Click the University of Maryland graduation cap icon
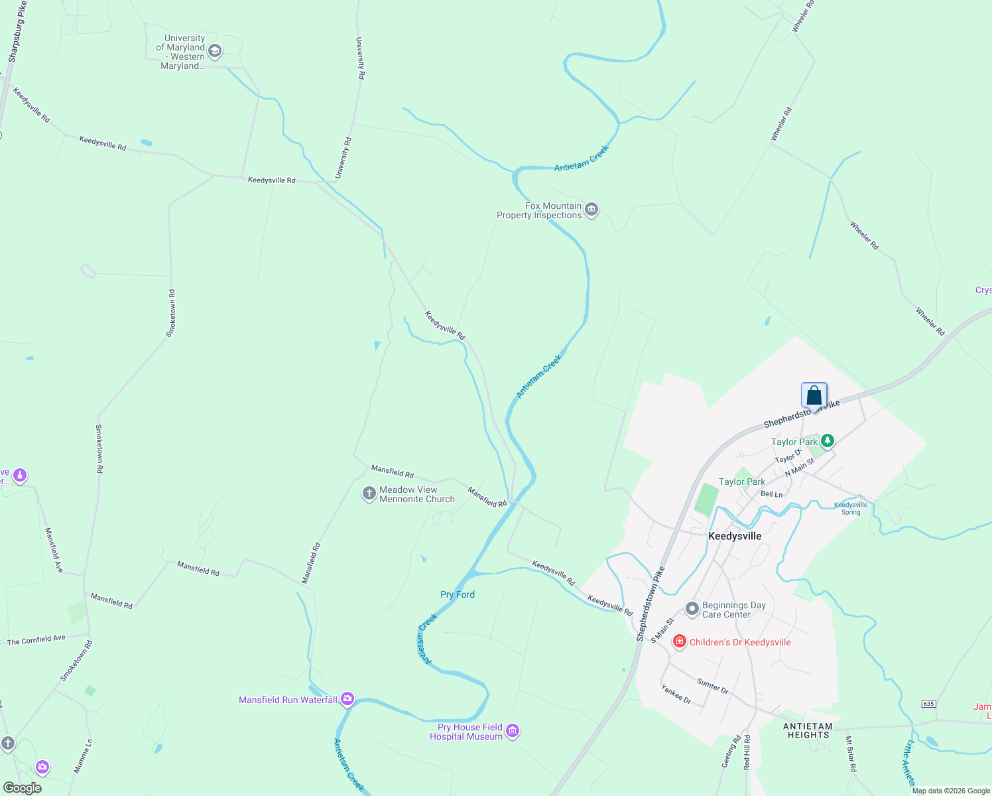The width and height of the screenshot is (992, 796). click(x=214, y=51)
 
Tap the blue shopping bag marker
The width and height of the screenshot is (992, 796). click(x=814, y=395)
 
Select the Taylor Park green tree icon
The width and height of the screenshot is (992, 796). click(x=827, y=440)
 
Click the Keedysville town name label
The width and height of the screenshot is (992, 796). click(x=735, y=536)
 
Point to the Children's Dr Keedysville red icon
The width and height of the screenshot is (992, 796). click(x=679, y=641)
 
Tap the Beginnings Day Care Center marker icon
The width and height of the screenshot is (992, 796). click(x=692, y=608)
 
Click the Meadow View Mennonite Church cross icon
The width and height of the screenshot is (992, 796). click(x=369, y=494)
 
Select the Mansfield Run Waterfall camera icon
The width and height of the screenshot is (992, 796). click(x=347, y=698)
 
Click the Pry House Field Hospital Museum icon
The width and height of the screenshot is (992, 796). click(x=512, y=731)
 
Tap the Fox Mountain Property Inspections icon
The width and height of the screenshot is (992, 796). click(x=591, y=210)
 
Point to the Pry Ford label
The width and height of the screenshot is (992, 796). click(x=458, y=594)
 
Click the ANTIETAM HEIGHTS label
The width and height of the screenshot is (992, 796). click(x=808, y=730)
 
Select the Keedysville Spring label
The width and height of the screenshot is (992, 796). click(x=850, y=508)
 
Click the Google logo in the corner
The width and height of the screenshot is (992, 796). click(x=23, y=787)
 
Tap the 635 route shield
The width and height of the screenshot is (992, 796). click(x=928, y=703)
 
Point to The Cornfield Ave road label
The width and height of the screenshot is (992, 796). click(x=36, y=639)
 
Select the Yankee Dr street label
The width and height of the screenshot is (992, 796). click(x=676, y=695)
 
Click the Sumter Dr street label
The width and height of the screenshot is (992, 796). click(x=712, y=686)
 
